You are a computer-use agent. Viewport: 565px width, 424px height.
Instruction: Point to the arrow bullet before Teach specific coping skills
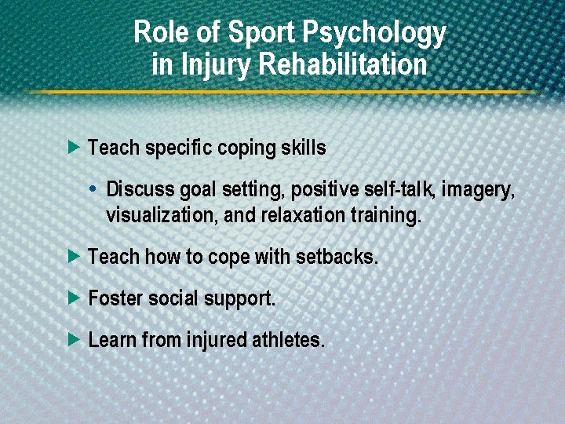(x=74, y=147)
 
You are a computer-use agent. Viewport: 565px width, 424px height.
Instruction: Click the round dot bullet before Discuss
(x=93, y=189)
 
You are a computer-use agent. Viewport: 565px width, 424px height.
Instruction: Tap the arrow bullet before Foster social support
(x=74, y=298)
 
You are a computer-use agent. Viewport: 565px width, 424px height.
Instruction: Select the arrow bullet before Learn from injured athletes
(x=74, y=340)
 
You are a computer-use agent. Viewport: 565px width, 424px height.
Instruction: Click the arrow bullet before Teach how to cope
(x=74, y=256)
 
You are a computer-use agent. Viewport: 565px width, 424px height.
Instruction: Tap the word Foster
(x=113, y=298)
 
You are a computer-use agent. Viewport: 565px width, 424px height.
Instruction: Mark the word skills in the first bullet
(x=303, y=148)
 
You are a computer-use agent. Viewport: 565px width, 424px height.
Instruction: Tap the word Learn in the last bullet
(x=110, y=341)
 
